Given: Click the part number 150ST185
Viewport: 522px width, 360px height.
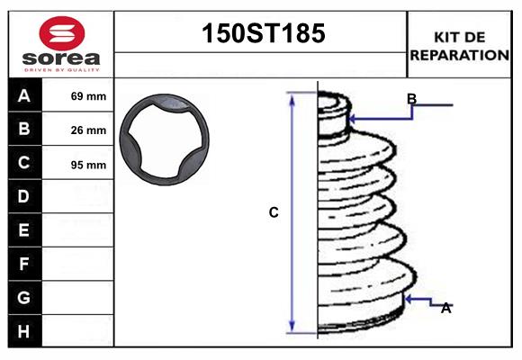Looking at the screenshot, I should click(261, 34).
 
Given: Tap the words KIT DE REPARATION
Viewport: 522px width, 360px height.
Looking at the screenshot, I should click(459, 45).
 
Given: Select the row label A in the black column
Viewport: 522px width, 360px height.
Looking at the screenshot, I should click(24, 95).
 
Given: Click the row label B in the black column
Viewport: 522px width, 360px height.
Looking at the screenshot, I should click(24, 130).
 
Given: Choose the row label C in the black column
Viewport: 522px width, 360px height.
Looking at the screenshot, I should click(24, 163).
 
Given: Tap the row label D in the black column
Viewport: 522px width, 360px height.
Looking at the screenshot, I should click(24, 196).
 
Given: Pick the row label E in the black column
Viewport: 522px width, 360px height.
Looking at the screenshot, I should click(24, 230).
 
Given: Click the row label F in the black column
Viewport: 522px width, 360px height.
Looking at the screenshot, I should click(24, 264).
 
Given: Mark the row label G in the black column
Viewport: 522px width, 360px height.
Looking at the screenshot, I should click(24, 297).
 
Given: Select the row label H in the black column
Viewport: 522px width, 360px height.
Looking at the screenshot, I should click(24, 331).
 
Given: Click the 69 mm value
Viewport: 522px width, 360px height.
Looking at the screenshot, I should click(88, 96).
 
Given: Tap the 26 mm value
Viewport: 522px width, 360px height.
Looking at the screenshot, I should click(88, 130).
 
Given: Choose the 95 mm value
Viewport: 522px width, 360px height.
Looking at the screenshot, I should click(88, 165).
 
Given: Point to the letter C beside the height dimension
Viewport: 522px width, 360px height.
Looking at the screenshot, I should click(274, 213).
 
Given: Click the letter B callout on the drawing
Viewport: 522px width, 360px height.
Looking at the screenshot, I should click(411, 98).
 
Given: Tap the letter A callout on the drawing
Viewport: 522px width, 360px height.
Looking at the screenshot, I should click(445, 308).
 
